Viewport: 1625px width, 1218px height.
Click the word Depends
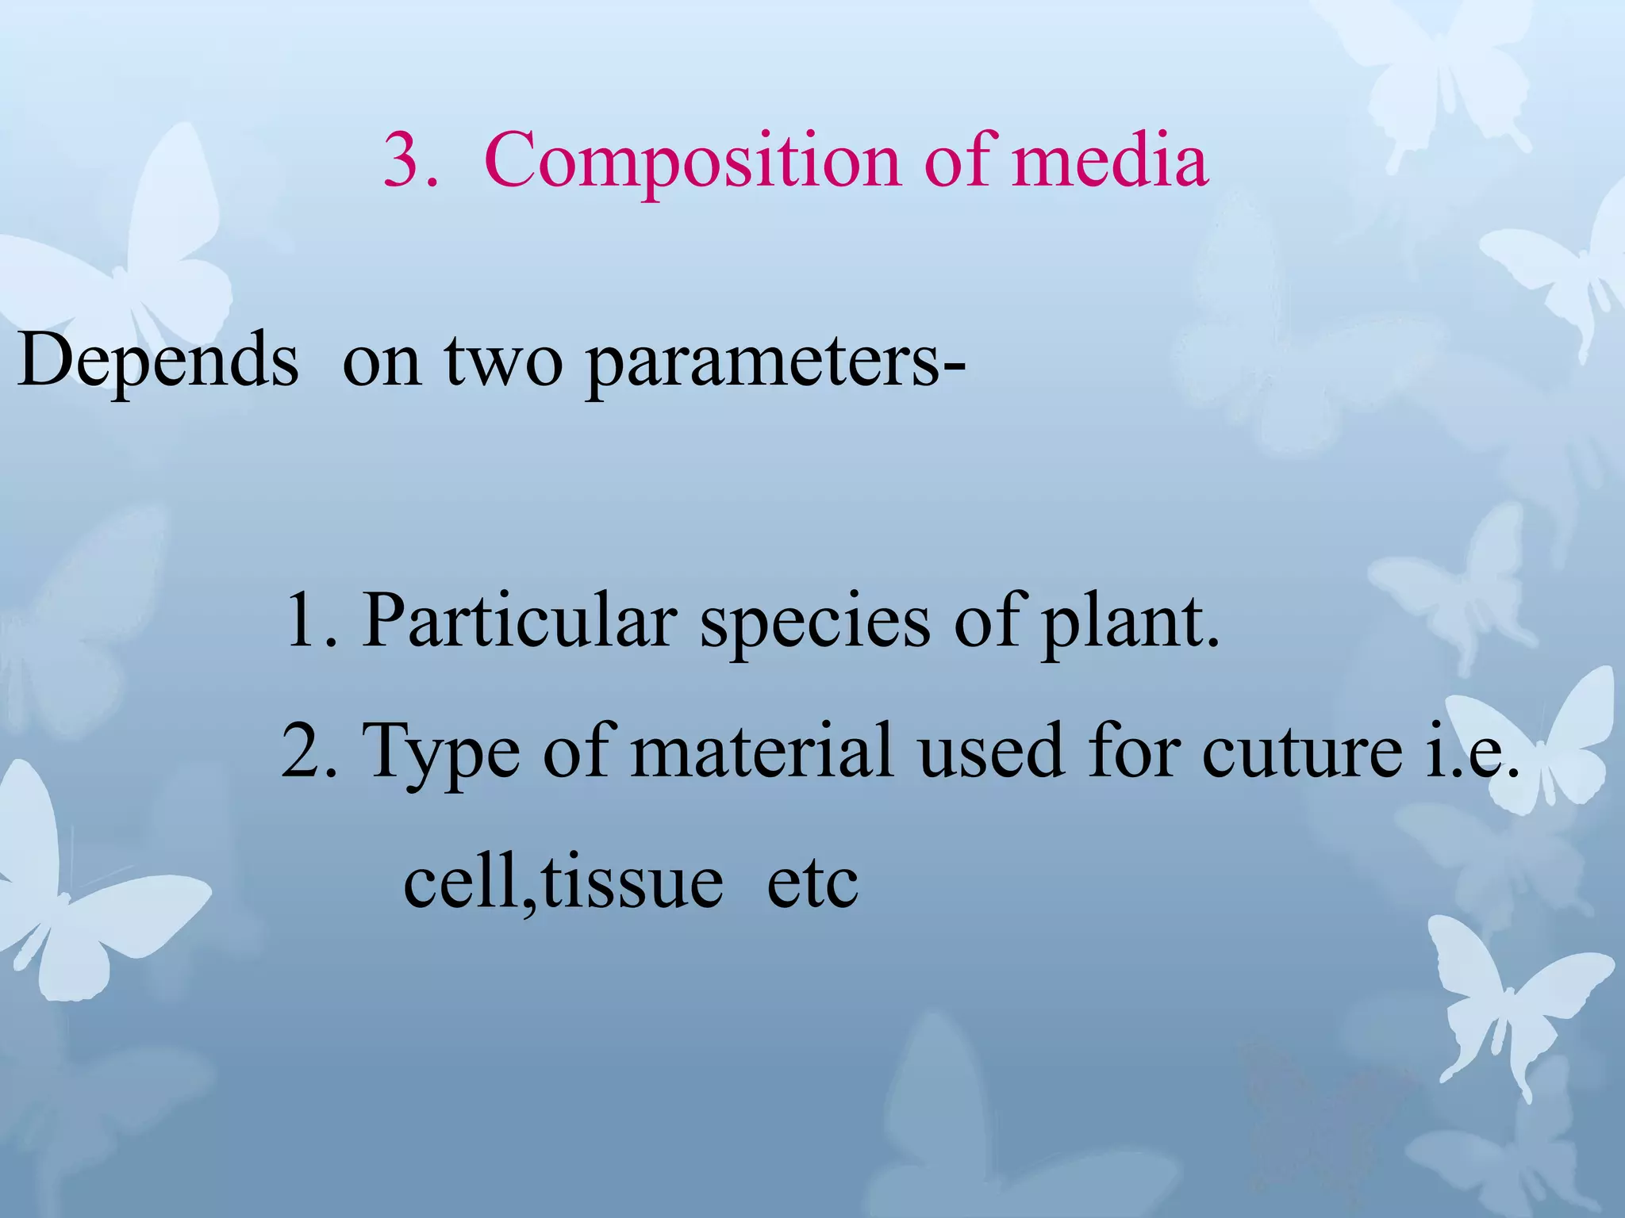pyautogui.click(x=158, y=360)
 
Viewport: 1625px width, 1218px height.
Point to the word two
pyautogui.click(x=503, y=362)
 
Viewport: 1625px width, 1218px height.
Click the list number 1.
pyautogui.click(x=302, y=621)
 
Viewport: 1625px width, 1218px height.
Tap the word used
pyautogui.click(x=989, y=750)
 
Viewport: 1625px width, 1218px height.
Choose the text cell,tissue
pyautogui.click(x=563, y=882)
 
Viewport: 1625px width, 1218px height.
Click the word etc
pyautogui.click(x=812, y=883)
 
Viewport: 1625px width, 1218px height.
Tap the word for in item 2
pyautogui.click(x=1131, y=750)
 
